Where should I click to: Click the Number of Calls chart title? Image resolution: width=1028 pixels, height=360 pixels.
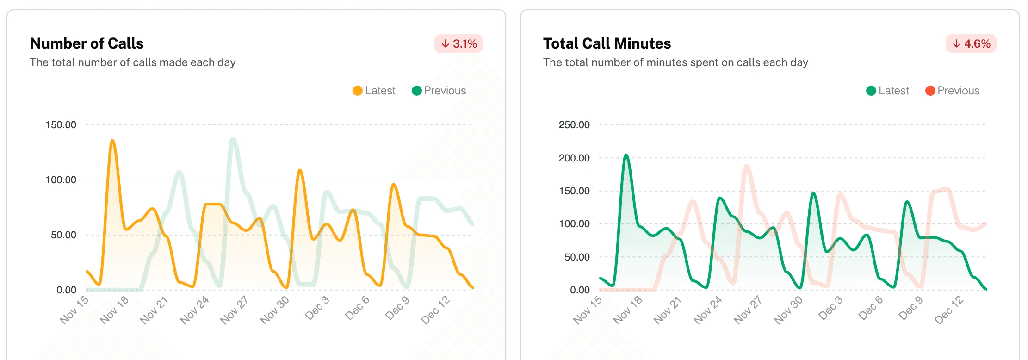click(87, 43)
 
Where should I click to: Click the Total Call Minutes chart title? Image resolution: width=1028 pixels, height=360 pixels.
click(607, 43)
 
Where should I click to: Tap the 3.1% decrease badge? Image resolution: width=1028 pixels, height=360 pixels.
click(458, 43)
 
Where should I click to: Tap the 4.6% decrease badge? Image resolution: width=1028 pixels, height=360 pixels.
click(971, 43)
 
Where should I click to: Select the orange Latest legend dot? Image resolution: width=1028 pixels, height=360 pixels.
click(357, 91)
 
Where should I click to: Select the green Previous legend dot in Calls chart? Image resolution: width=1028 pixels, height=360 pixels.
click(416, 91)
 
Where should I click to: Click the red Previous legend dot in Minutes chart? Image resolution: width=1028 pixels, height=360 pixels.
click(930, 91)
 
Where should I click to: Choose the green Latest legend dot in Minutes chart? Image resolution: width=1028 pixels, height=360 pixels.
click(871, 91)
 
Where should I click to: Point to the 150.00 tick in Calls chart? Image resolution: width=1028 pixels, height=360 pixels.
click(61, 125)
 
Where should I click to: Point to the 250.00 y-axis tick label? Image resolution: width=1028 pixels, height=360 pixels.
click(574, 125)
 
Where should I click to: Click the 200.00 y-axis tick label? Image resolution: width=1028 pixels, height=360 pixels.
click(574, 158)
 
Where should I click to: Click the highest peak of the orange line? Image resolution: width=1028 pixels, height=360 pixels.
click(112, 140)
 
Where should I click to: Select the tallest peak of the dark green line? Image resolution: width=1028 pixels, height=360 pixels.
click(626, 155)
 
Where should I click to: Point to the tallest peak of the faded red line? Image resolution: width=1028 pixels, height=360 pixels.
click(746, 166)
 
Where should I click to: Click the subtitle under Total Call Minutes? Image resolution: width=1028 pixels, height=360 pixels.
click(675, 62)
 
